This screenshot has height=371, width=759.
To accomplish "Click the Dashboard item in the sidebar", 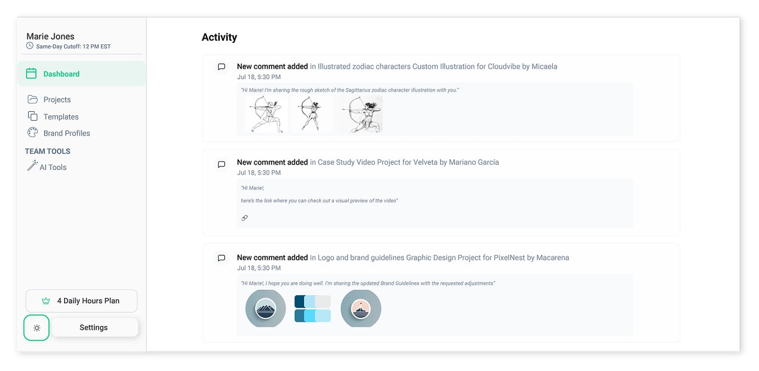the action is [x=82, y=74].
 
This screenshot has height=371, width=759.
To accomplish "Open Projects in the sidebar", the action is [x=57, y=99].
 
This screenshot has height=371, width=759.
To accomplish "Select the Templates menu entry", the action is [x=61, y=116].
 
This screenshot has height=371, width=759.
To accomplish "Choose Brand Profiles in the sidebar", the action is [x=67, y=133].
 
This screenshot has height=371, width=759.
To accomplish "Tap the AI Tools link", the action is [x=53, y=167].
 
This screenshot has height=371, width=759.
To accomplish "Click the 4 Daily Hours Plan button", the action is [x=82, y=301].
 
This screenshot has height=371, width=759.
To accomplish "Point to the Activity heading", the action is [x=219, y=37].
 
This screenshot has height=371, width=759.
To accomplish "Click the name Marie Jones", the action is [x=51, y=36].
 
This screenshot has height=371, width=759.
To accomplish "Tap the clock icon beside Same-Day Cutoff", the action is [x=30, y=46].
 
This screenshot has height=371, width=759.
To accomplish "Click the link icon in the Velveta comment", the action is [x=245, y=218].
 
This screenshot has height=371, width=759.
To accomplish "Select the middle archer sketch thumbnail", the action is [x=311, y=114].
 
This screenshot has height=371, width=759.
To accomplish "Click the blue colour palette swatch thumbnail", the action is [x=313, y=308].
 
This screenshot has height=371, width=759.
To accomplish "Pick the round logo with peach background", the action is [x=361, y=308].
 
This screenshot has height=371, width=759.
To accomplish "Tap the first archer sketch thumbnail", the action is [x=266, y=114].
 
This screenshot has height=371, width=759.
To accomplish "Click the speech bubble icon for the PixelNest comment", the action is [x=222, y=258].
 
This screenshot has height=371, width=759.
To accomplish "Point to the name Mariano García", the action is [x=474, y=162].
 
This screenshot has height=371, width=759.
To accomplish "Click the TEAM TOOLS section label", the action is [x=47, y=151].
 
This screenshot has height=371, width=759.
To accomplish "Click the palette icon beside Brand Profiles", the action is [x=33, y=133].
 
